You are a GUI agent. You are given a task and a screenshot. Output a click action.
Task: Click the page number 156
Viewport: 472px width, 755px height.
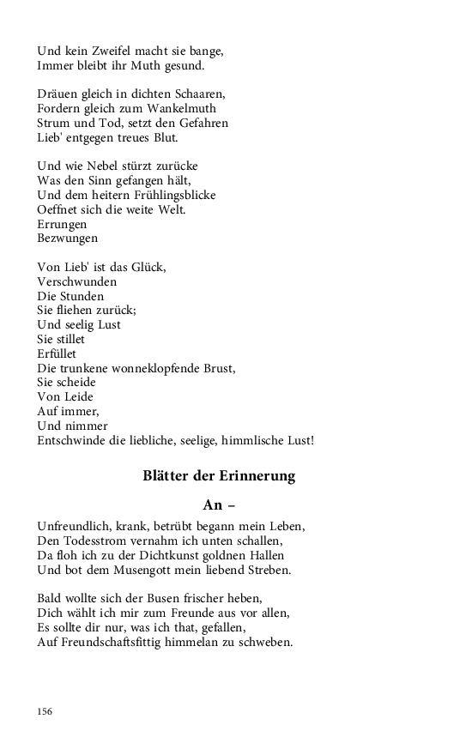tap(45, 711)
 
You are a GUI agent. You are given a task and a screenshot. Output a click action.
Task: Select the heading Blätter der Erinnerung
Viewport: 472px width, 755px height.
tap(219, 477)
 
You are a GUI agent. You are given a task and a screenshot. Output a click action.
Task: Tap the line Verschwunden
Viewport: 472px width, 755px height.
tap(77, 281)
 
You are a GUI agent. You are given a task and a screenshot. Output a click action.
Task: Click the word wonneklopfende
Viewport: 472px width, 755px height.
tap(154, 368)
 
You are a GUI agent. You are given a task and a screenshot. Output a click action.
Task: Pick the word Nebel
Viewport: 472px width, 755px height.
tap(104, 166)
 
